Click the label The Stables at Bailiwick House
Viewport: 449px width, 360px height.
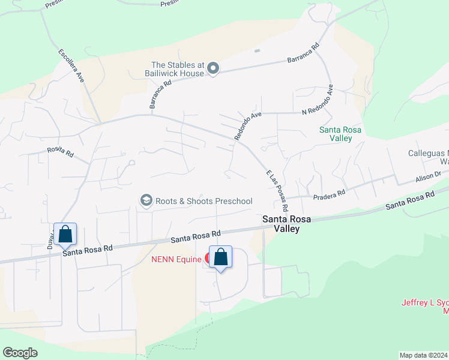178,69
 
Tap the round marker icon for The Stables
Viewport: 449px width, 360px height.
213,70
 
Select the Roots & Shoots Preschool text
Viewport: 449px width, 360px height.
204,201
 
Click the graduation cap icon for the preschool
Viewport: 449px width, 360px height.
146,200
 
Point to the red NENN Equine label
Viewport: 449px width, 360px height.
176,259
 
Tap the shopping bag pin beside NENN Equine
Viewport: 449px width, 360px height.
220,257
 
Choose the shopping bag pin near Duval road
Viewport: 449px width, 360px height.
65,234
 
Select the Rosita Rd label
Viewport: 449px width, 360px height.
60,153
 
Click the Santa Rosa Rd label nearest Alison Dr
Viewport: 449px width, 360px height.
410,200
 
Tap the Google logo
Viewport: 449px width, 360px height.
20,353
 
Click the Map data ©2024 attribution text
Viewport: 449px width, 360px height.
423,355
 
